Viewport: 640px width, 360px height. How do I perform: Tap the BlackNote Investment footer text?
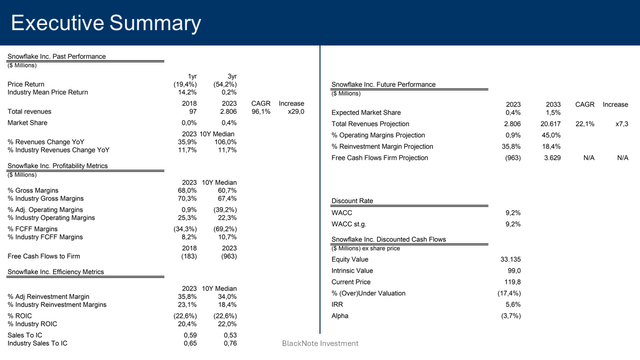[319, 343]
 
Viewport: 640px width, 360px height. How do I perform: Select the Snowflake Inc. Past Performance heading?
[56, 57]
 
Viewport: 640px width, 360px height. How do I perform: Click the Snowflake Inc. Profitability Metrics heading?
[57, 165]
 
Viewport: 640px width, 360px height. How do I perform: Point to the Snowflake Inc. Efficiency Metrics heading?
[56, 271]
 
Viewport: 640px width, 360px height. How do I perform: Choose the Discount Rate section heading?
[353, 201]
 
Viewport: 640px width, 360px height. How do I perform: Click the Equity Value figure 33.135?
[510, 259]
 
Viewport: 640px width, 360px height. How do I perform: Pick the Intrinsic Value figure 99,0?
[514, 270]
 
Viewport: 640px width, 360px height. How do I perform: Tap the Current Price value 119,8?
[512, 282]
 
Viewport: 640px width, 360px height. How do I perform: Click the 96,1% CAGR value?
[261, 112]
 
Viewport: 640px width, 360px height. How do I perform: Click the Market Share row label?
[30, 123]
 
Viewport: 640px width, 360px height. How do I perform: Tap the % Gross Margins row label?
[36, 190]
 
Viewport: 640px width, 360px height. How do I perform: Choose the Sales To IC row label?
[28, 335]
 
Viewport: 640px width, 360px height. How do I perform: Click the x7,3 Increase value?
[621, 124]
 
